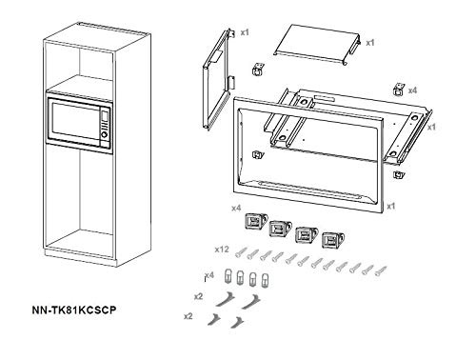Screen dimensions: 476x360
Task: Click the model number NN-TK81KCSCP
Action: (x=74, y=310)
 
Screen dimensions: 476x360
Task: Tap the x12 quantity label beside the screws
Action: (x=222, y=250)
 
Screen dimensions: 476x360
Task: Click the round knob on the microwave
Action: (x=104, y=134)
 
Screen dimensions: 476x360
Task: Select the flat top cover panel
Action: (x=317, y=46)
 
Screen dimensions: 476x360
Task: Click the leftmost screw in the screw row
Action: (x=240, y=252)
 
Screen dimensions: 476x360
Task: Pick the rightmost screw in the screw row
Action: (x=381, y=270)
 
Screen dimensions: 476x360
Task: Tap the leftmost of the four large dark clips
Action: (x=256, y=221)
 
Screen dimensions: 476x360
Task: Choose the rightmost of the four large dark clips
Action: (x=333, y=240)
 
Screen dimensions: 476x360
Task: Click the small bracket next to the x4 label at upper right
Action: (x=398, y=90)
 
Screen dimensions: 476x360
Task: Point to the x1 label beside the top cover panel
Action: (x=370, y=43)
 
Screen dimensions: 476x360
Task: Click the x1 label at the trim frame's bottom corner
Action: (x=391, y=207)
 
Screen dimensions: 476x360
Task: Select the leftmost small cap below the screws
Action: (x=228, y=275)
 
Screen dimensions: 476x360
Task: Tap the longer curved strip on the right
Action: (x=250, y=302)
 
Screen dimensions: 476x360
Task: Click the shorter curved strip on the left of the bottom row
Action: (x=214, y=319)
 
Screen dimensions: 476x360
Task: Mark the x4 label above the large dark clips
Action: (x=236, y=209)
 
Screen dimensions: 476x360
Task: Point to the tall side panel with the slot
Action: (x=217, y=79)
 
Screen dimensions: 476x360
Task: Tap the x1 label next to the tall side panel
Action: (x=245, y=32)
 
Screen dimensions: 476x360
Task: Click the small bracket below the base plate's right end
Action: (x=399, y=175)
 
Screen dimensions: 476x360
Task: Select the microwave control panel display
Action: (x=105, y=115)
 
